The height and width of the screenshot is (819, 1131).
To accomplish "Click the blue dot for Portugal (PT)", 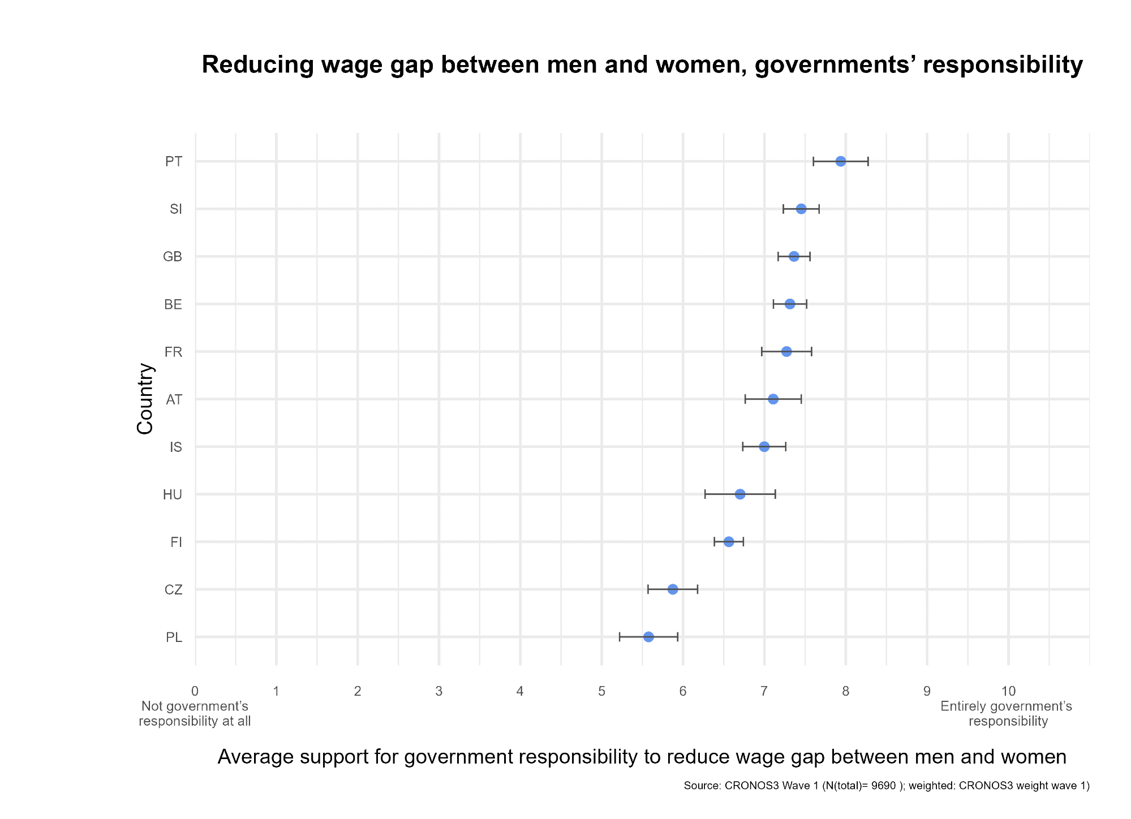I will (x=840, y=161).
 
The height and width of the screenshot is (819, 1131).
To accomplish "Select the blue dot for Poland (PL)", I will (x=648, y=637).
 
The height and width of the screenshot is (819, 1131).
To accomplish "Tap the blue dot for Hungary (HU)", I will (x=740, y=494).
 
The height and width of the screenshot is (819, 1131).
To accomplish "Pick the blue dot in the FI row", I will (x=729, y=542).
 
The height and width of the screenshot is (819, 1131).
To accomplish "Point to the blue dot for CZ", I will (x=673, y=589).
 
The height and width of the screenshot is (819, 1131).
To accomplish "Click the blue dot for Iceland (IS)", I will (x=764, y=447).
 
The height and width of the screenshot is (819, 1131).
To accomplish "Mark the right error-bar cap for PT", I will (x=868, y=161).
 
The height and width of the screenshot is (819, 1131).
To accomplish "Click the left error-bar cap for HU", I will (x=705, y=494).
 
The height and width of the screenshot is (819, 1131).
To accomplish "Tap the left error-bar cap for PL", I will (x=620, y=637).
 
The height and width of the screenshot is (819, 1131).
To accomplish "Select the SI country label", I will (x=176, y=209).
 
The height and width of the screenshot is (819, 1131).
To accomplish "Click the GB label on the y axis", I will (x=173, y=257).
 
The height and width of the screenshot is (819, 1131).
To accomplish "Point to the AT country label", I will (x=174, y=400).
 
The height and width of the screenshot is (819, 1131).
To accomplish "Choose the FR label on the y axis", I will (x=173, y=352).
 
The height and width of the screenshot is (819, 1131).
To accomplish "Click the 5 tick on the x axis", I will (x=601, y=691).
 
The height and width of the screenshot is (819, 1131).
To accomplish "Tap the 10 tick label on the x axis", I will (x=1008, y=691).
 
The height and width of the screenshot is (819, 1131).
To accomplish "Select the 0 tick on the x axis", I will (x=195, y=691).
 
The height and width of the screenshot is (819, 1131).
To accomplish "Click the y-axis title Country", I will (x=145, y=398).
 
